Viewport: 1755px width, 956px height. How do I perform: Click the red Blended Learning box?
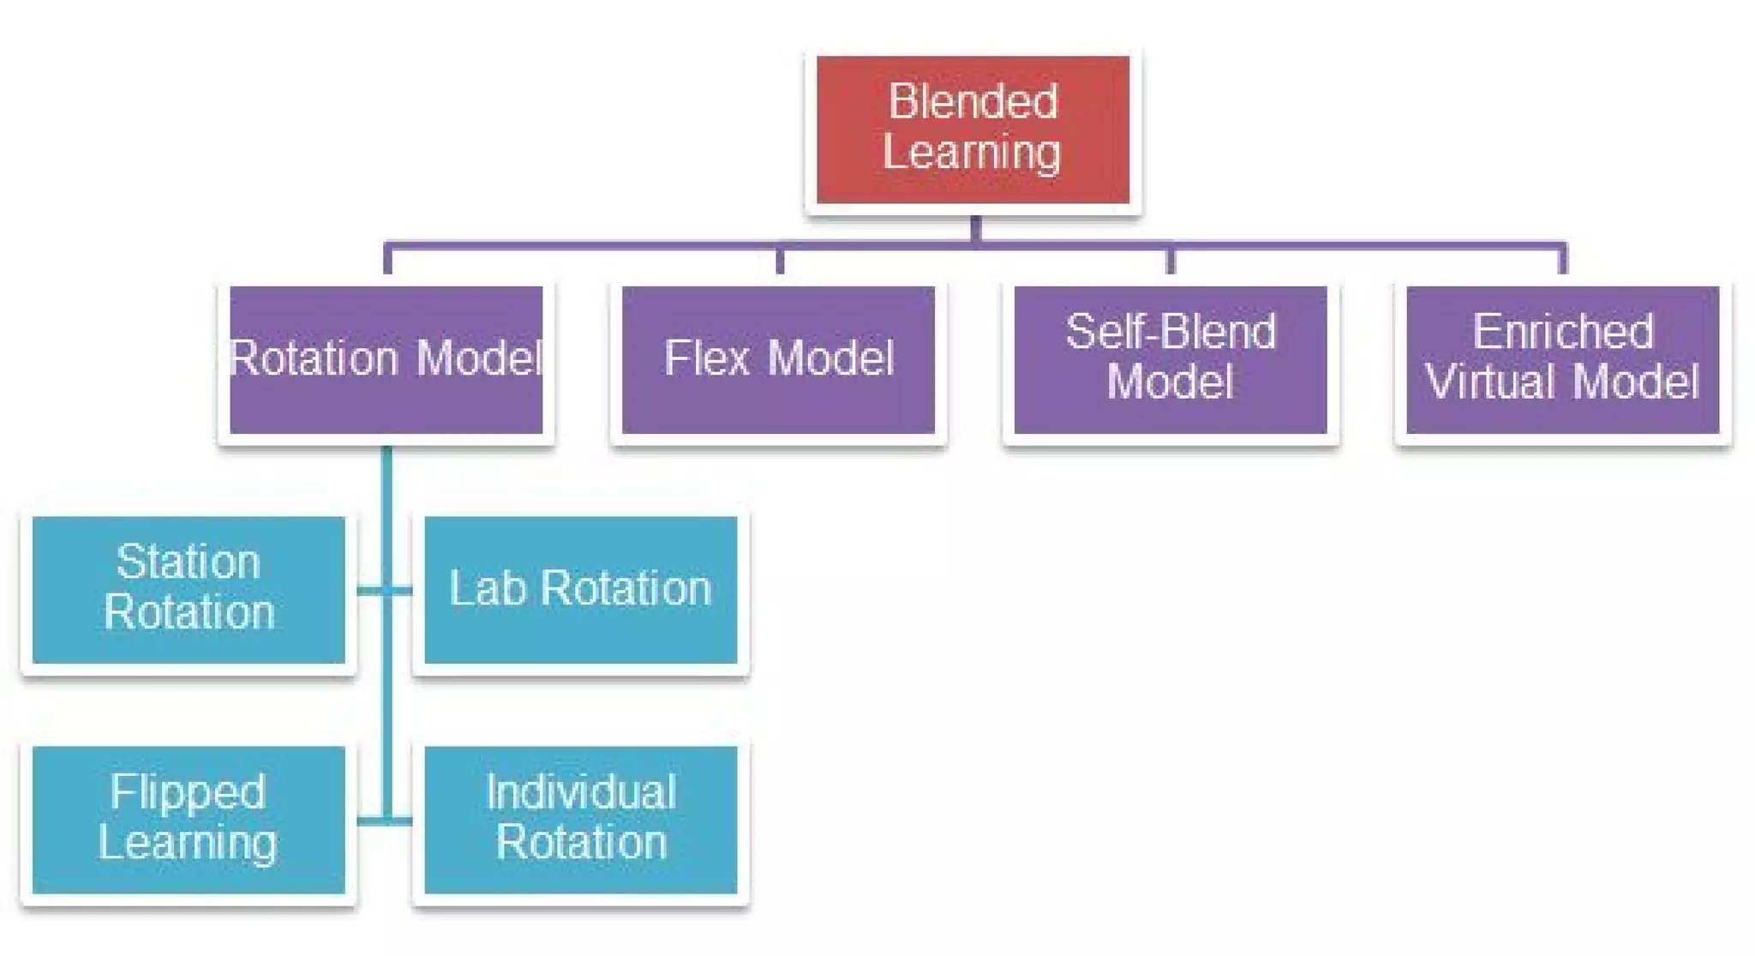973,129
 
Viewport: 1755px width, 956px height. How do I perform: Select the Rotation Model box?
386,359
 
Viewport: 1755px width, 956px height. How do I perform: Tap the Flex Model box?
778,359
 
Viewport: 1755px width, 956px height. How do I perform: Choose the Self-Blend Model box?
1171,359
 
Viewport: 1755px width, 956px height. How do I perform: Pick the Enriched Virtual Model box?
1562,359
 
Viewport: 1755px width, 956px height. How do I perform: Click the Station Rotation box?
189,589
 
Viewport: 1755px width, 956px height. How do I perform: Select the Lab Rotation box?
580,589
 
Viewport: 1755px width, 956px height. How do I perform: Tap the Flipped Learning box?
189,819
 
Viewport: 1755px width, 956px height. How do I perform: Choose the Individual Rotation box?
580,819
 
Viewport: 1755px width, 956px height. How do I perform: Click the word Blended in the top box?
973,102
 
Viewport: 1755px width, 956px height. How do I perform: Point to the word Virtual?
1491,382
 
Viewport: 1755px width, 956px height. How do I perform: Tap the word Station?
189,562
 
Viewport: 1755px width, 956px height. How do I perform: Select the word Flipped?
189,792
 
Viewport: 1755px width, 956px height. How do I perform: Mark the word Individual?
581,792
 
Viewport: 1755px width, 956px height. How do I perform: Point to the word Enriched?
1563,332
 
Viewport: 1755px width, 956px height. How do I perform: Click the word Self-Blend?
1171,332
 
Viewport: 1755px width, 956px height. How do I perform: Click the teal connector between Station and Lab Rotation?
385,590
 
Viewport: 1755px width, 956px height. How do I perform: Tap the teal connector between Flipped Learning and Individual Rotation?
385,821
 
